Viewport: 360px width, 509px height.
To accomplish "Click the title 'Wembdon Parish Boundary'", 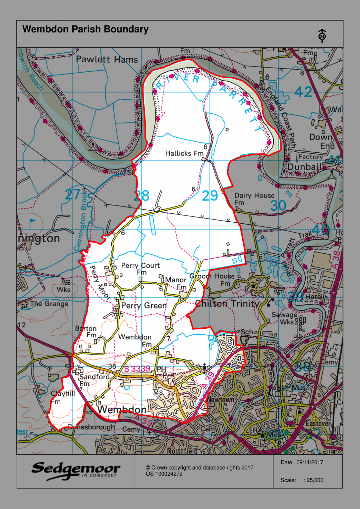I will click(85, 29).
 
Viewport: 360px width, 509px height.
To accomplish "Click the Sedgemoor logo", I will click(76, 471).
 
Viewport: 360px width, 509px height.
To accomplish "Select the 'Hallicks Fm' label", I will click(184, 153).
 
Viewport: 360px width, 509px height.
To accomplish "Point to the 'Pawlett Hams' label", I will click(107, 60).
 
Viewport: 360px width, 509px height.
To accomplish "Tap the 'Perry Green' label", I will click(144, 306).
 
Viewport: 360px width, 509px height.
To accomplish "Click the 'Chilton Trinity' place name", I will click(227, 304).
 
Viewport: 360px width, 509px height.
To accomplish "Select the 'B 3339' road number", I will click(137, 369).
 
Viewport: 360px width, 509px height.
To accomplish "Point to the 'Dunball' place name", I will click(304, 167).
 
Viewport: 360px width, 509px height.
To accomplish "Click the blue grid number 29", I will click(210, 196).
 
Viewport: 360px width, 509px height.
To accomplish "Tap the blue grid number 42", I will click(303, 92).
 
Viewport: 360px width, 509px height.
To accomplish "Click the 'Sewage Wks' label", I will click(284, 318).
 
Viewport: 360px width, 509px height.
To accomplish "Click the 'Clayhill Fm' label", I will click(62, 397).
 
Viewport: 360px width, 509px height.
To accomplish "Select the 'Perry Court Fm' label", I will click(140, 268).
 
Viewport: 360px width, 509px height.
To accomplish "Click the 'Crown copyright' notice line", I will click(199, 468).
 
